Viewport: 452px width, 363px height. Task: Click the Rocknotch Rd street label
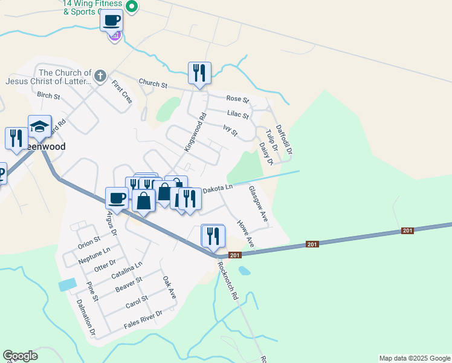[228, 281]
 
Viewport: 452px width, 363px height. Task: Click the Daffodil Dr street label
[284, 139]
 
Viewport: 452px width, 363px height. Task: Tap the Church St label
[152, 83]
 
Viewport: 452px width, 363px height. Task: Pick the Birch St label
[48, 96]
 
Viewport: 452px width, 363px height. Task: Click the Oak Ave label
[169, 287]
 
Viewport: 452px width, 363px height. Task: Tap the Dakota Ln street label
[217, 189]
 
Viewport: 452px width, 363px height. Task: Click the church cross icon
[100, 77]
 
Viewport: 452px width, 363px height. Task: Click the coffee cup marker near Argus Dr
[117, 198]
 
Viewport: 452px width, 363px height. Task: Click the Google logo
[20, 356]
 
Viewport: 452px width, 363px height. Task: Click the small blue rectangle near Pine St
[68, 284]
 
